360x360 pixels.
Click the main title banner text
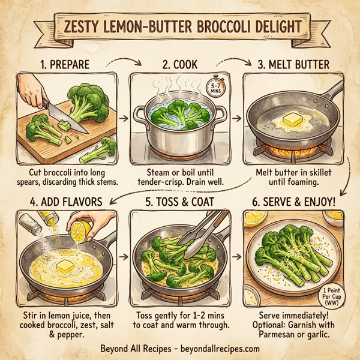(x=180, y=28)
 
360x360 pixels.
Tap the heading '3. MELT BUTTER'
(x=293, y=64)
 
